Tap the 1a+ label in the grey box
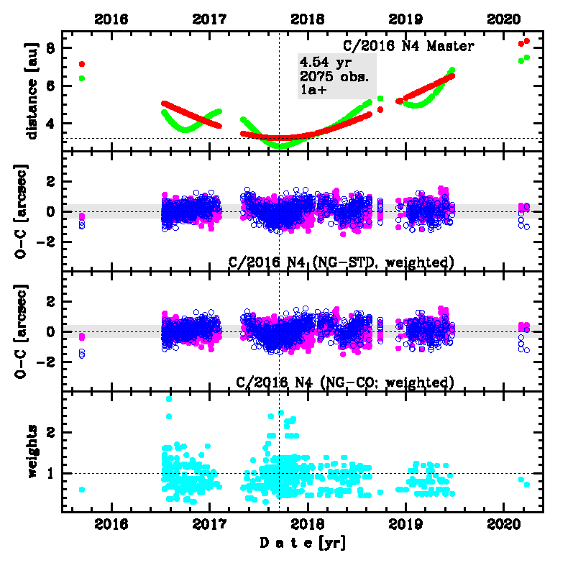pyautogui.click(x=313, y=90)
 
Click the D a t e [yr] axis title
pyautogui.click(x=302, y=544)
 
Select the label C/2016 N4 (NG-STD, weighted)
pyautogui.click(x=341, y=262)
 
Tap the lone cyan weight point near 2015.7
pyautogui.click(x=82, y=490)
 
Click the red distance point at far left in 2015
pyautogui.click(x=82, y=65)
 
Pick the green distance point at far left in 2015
pyautogui.click(x=82, y=78)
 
